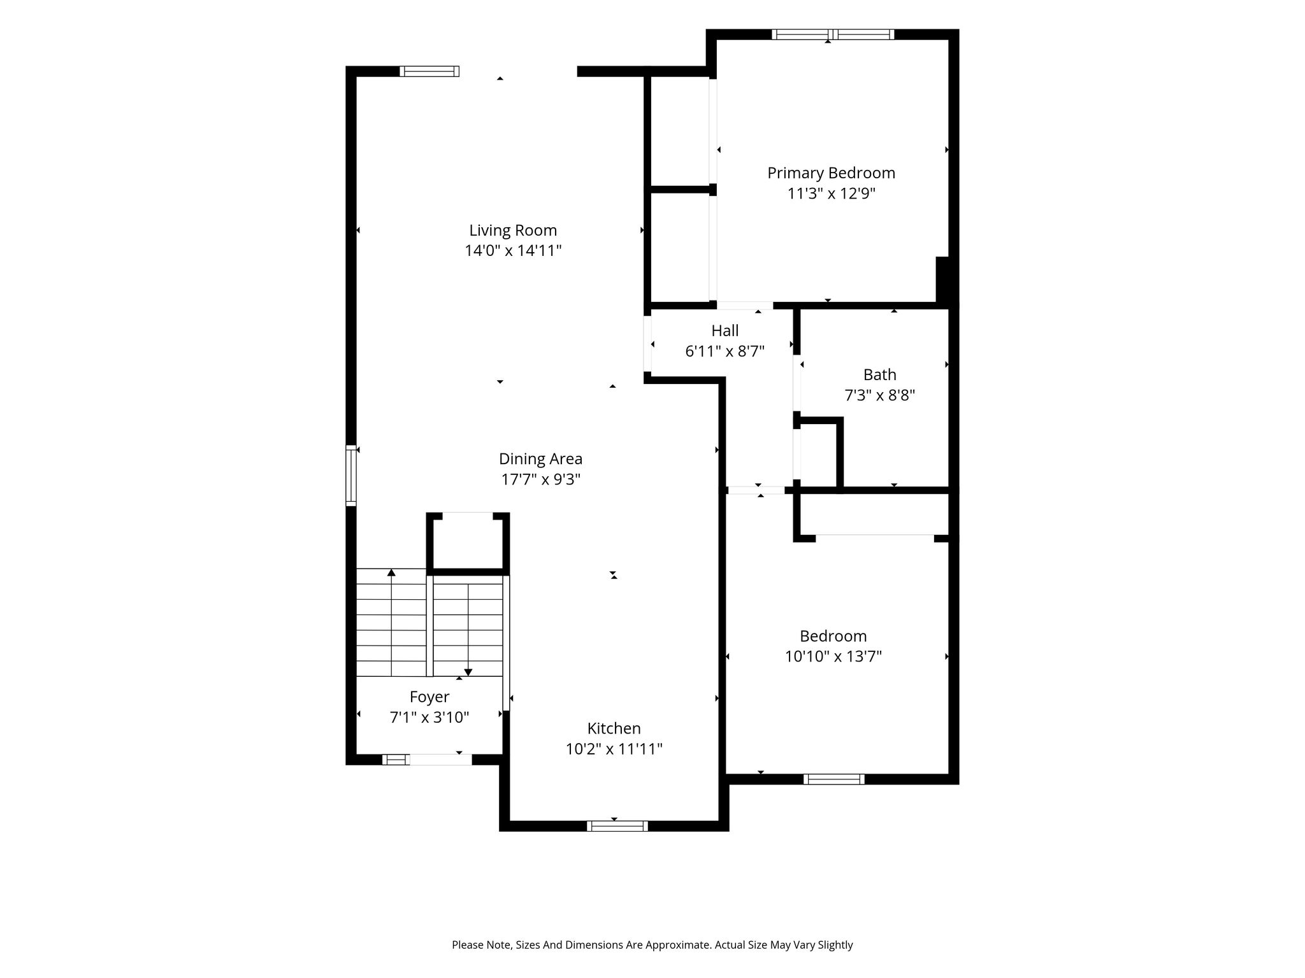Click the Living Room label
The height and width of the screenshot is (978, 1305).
[x=513, y=230]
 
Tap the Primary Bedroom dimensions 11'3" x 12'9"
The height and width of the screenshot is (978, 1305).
[x=832, y=194]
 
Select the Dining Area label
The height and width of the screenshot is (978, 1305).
[x=540, y=459]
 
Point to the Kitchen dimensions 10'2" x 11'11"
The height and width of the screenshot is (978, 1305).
[x=614, y=749]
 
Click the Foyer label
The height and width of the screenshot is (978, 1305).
[x=429, y=697]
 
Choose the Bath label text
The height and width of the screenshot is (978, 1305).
[x=880, y=375]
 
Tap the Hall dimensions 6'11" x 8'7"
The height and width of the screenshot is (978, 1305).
[x=725, y=351]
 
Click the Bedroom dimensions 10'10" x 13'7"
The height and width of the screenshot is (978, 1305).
[x=833, y=656]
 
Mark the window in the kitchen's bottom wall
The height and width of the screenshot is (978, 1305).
[x=617, y=826]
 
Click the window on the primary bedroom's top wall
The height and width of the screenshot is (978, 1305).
[x=833, y=34]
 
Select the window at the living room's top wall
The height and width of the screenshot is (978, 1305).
[x=429, y=71]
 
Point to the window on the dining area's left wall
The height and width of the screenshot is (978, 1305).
[x=351, y=476]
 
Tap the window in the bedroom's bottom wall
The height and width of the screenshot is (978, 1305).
[x=834, y=779]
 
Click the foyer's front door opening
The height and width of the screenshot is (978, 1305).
[x=440, y=759]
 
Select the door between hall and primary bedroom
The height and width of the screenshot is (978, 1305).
[x=745, y=306]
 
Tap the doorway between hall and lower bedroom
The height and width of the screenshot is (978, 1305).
[x=756, y=490]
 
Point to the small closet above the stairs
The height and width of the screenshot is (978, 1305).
[x=468, y=541]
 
